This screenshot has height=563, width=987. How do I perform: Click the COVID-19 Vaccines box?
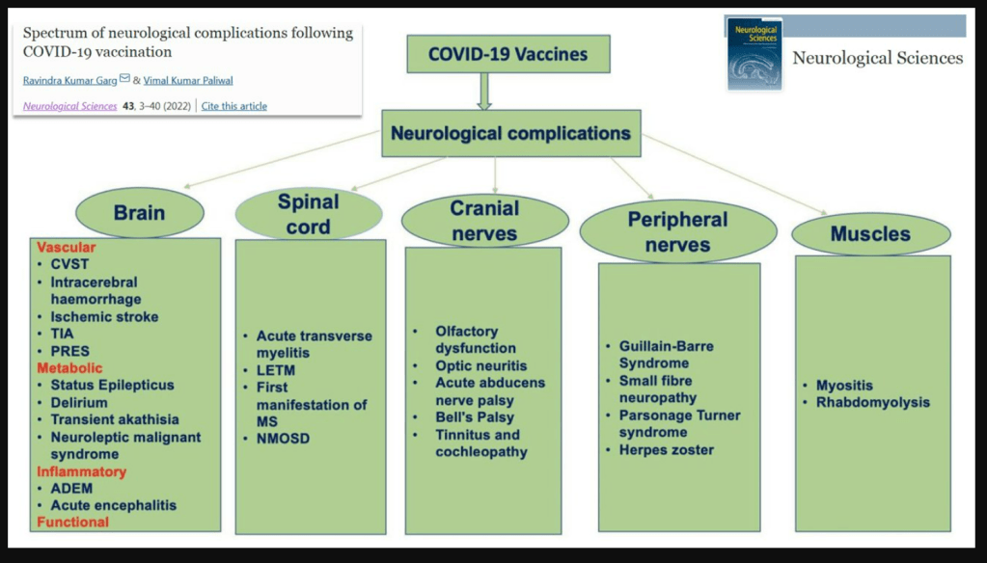[508, 54]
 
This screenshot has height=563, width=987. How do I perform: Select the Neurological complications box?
[511, 133]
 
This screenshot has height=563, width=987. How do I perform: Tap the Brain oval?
[140, 213]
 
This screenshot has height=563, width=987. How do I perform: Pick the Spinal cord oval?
[309, 214]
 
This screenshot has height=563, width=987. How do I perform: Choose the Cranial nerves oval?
[484, 221]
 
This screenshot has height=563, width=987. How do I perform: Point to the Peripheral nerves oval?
[678, 231]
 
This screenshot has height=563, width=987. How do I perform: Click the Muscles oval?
[871, 234]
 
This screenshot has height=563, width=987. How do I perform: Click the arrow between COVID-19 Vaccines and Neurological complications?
[484, 92]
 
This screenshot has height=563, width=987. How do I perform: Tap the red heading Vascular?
[67, 247]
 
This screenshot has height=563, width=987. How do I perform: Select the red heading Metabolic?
[69, 368]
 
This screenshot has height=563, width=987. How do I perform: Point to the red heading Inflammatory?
[81, 471]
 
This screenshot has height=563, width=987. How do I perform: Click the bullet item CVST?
[69, 264]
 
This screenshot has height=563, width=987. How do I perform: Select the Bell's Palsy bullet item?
[475, 417]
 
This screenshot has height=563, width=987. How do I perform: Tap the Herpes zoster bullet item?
[667, 450]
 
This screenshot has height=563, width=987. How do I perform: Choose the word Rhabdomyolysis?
[873, 403]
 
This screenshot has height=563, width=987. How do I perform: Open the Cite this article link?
[234, 106]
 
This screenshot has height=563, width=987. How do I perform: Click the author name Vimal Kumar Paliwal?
[188, 81]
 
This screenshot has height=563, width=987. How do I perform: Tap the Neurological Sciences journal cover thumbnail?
[754, 54]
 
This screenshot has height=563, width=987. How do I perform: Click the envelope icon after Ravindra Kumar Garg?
[124, 79]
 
